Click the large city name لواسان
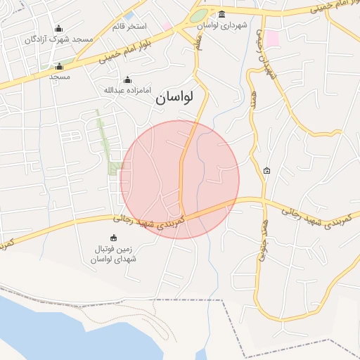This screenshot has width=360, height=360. click(x=179, y=99)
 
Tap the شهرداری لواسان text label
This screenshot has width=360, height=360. click(x=222, y=25)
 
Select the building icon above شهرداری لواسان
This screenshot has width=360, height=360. click(x=222, y=15)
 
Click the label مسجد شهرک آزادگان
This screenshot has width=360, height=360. click(x=59, y=39)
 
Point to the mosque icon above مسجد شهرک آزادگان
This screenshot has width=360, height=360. click(x=58, y=29)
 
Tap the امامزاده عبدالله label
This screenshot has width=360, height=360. click(x=127, y=90)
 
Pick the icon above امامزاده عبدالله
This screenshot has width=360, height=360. click(x=127, y=80)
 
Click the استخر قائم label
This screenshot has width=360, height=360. click(x=129, y=27)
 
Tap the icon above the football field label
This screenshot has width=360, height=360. click(x=113, y=238)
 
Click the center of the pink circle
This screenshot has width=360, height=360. click(x=179, y=179)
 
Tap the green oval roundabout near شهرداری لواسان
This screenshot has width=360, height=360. click(x=199, y=15)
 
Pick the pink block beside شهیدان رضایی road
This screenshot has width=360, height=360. click(x=271, y=38)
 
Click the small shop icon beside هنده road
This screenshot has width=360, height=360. click(x=266, y=171)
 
